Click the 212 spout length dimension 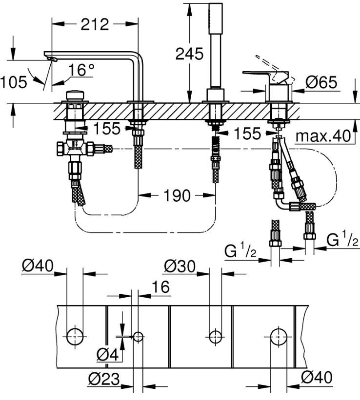95,24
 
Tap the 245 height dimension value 189,54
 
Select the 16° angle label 81,70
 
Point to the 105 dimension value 14,82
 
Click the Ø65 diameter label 321,82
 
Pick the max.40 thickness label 323,136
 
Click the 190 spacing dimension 177,196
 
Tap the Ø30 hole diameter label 180,266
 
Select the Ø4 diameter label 108,355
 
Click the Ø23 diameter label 104,379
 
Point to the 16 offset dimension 161,287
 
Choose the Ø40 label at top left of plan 38,266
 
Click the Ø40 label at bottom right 317,377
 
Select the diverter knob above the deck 75,95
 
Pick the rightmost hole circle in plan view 279,337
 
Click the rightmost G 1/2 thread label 342,241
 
